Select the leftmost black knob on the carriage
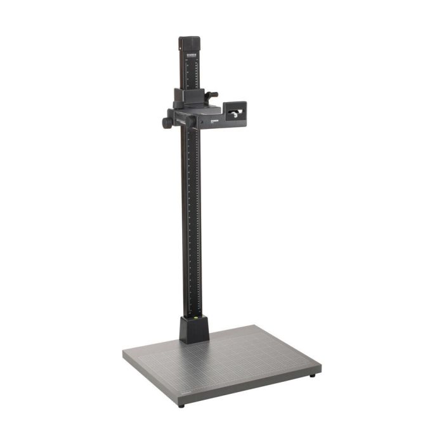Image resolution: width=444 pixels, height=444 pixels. coord(166,121)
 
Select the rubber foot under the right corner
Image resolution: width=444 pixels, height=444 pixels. coord(313,375)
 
